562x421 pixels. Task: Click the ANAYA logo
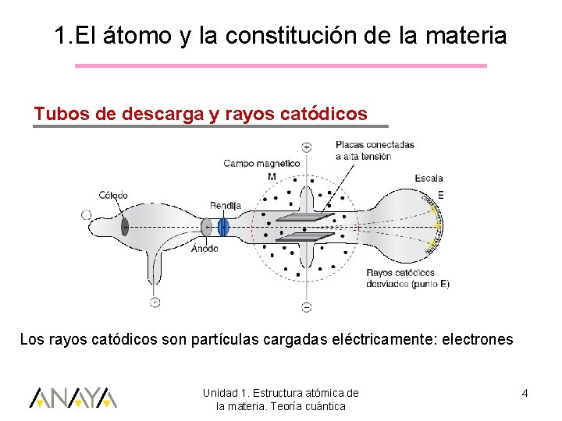click(73, 398)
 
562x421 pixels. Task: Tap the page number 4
click(525, 393)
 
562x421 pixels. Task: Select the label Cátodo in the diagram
click(113, 195)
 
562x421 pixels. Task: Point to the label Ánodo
click(205, 249)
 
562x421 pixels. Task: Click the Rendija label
click(225, 205)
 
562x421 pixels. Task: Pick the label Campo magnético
click(261, 164)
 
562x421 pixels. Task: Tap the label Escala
click(429, 179)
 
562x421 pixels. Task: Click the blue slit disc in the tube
click(224, 227)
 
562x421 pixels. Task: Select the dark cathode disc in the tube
click(125, 226)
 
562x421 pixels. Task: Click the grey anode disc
click(206, 227)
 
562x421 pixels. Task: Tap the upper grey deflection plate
click(305, 217)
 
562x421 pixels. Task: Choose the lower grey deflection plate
click(305, 236)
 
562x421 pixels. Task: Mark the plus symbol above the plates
click(306, 146)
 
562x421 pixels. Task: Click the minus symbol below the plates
click(306, 306)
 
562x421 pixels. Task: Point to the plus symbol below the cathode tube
click(155, 302)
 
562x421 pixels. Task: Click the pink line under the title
click(280, 65)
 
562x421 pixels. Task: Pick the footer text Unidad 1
click(227, 393)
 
